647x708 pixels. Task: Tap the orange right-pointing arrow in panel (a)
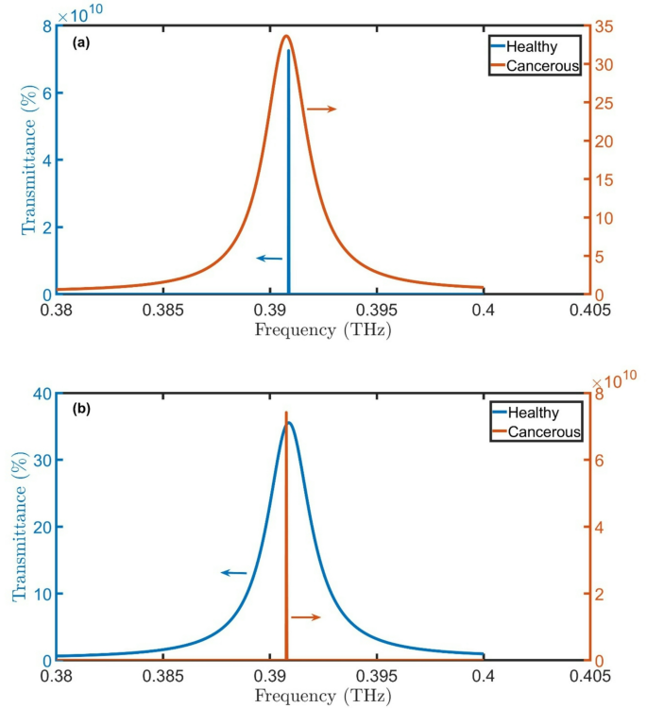point(321,110)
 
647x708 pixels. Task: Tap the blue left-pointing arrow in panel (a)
point(269,258)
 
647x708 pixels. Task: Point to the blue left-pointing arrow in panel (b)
point(233,572)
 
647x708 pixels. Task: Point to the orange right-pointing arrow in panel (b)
point(306,617)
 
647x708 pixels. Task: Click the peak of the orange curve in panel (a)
point(285,36)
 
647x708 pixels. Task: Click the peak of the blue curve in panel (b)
point(289,422)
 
